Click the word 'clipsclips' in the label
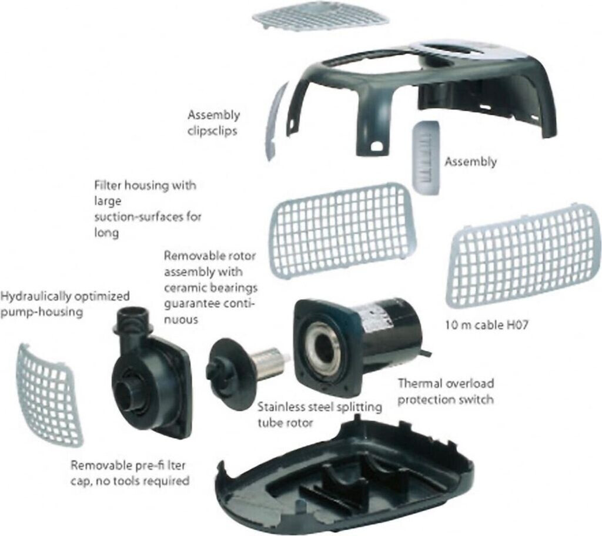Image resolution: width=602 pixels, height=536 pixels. (212, 130)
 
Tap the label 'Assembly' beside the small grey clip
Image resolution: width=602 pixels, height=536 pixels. (470, 161)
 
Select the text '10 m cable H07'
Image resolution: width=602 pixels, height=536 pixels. (484, 323)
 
